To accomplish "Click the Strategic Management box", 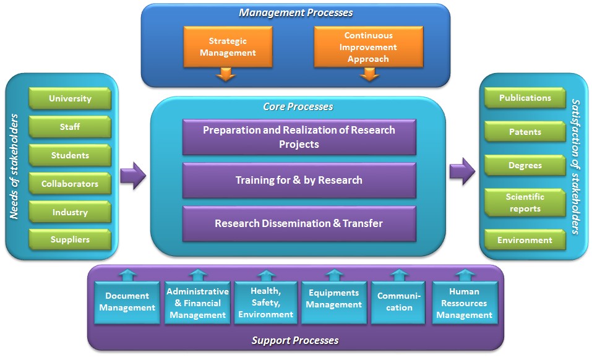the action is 228,47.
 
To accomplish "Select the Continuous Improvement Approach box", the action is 369,47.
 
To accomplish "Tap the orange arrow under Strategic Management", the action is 226,74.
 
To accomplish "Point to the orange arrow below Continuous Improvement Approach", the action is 369,74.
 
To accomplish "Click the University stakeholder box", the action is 70,98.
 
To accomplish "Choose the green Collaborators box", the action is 70,184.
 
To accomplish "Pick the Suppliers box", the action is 70,239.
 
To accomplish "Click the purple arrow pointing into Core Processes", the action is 133,176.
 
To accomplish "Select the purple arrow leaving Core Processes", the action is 462,171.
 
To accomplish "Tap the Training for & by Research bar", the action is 299,181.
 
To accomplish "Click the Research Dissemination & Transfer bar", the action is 299,223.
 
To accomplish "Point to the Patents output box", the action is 525,132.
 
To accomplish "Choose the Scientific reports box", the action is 525,203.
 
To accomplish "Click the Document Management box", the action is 127,302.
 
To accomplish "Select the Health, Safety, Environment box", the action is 266,302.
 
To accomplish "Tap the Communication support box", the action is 399,302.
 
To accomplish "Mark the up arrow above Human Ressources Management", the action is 465,275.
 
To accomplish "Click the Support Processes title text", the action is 295,340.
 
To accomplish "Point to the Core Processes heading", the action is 298,107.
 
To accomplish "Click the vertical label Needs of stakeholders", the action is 14,166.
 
